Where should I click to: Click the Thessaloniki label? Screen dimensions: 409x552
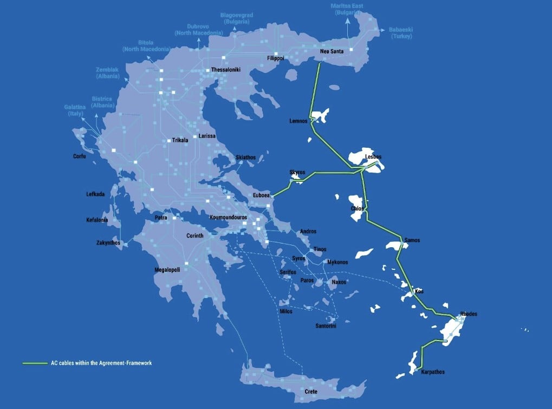coord(226,70)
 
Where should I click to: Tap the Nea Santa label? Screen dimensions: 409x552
coord(332,51)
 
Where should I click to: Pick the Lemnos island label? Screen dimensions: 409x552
coord(298,121)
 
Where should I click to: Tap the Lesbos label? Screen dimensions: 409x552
coord(374,157)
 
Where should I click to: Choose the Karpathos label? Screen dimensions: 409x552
coord(432,372)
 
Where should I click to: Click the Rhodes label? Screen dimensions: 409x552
coord(469,314)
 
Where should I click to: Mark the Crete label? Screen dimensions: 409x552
coord(310,392)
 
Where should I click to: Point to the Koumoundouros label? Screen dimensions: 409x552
coord(228,217)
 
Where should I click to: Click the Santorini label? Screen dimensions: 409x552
coord(326,326)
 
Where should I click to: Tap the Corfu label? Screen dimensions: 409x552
coord(80,156)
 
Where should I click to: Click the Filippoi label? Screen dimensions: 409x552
coord(276,58)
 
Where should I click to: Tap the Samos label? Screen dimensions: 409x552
coord(412,240)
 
